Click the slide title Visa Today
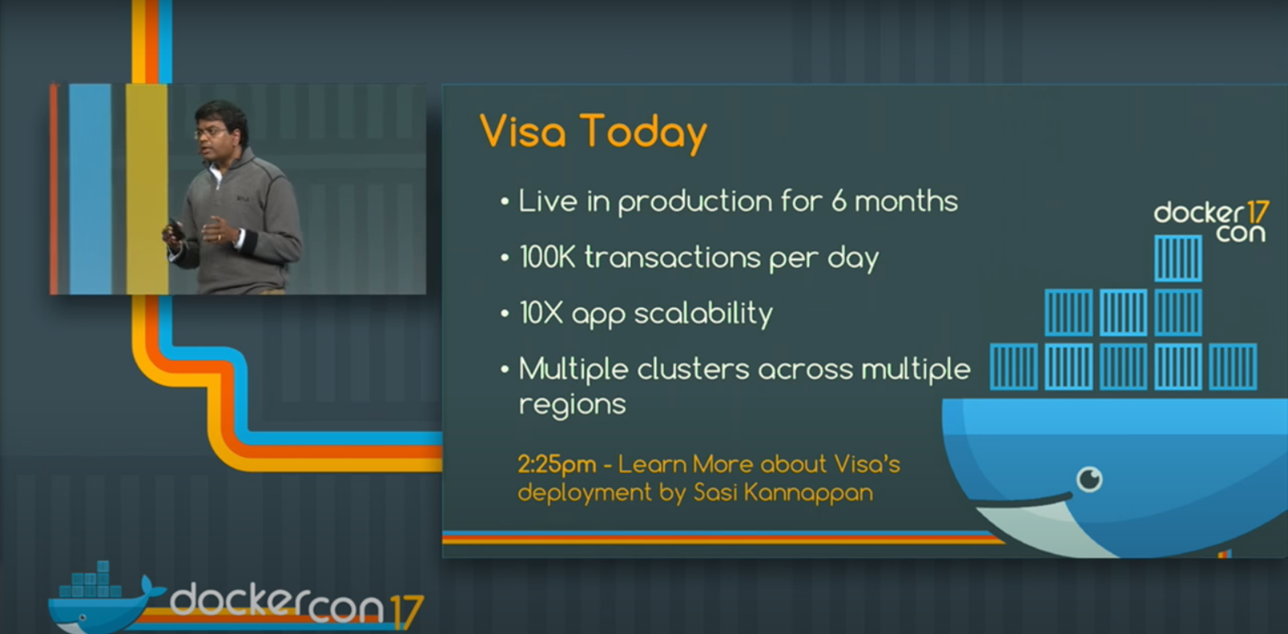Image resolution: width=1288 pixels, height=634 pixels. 592,133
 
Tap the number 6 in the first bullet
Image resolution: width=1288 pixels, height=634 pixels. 839,200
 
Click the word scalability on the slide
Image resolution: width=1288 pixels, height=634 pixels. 704,314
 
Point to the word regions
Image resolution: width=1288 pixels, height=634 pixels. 572,405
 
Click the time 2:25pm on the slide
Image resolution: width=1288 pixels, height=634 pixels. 556,464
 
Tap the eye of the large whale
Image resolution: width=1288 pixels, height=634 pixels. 1089,478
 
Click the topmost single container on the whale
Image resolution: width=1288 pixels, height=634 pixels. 1178,258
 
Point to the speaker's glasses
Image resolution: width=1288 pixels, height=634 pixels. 210,133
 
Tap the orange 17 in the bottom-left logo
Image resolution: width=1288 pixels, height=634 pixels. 406,611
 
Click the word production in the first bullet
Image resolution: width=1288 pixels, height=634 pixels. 696,202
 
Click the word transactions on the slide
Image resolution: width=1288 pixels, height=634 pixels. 672,257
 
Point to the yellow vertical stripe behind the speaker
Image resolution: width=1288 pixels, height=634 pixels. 147,189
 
